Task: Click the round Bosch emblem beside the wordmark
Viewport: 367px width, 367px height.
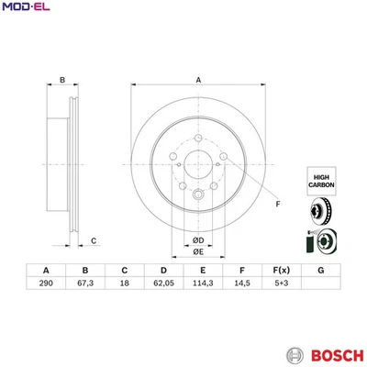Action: tap(295, 354)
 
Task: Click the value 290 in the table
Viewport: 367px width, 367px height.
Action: tap(45, 285)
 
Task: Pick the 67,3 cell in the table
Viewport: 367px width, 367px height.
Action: tap(84, 285)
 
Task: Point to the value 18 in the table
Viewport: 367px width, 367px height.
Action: tap(124, 285)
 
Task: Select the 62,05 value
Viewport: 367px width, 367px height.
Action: tap(163, 285)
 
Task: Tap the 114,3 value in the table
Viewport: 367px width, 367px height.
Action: tap(203, 285)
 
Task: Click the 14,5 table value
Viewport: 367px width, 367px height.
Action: tap(241, 285)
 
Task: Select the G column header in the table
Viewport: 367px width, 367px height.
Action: tap(320, 270)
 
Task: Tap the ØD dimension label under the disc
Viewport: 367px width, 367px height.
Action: tap(197, 240)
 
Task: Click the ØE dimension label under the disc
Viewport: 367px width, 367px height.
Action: tap(197, 254)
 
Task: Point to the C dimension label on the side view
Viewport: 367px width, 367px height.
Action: tap(94, 241)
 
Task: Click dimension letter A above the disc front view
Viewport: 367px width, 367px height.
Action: tap(198, 81)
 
